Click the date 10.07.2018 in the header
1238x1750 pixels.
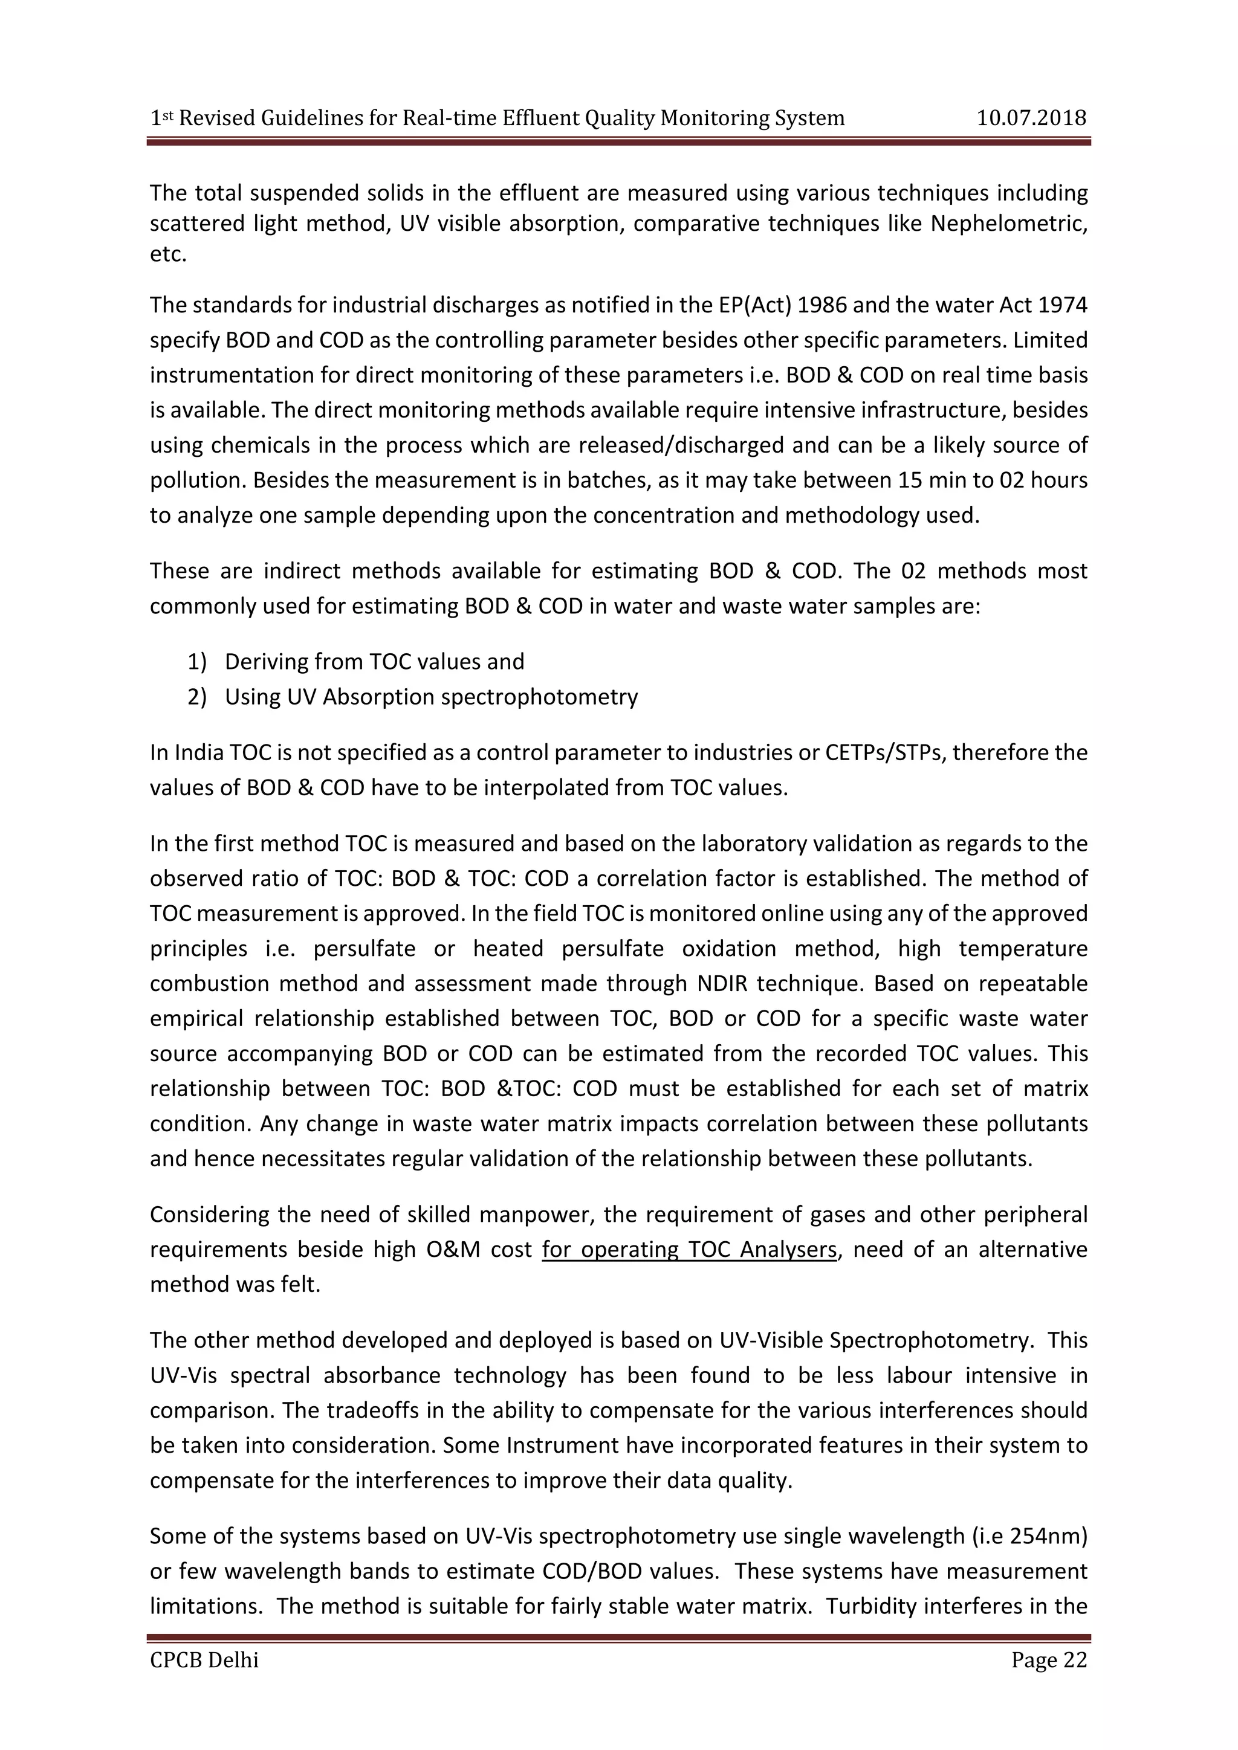[1031, 118]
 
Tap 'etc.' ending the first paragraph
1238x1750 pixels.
[167, 254]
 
